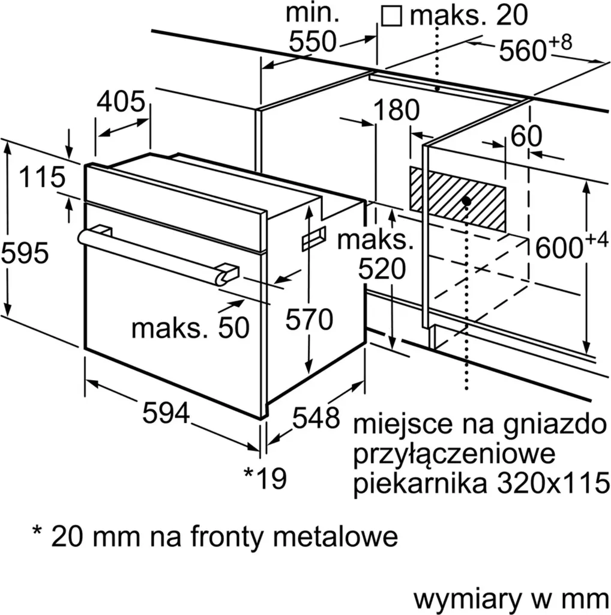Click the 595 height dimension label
pyautogui.click(x=25, y=254)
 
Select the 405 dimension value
pyautogui.click(x=121, y=102)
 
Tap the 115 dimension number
pyautogui.click(x=41, y=178)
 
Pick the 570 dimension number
pyautogui.click(x=309, y=320)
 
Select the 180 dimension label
pyautogui.click(x=396, y=111)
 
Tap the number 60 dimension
pyautogui.click(x=526, y=136)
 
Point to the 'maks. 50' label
pyautogui.click(x=190, y=328)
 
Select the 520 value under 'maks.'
pyautogui.click(x=382, y=270)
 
